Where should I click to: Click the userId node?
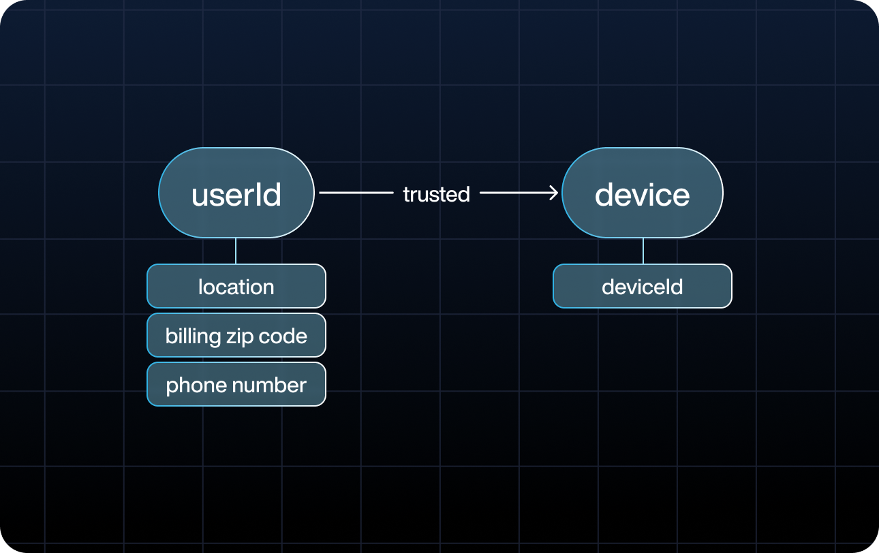point(236,193)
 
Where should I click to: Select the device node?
point(642,193)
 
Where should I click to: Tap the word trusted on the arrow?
point(436,194)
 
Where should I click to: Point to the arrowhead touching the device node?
point(554,193)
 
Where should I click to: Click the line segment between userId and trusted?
point(356,193)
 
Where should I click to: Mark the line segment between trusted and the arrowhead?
point(514,193)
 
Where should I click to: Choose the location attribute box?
point(236,287)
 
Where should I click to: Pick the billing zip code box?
point(236,336)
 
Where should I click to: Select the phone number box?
point(236,385)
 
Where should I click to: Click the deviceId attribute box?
point(642,287)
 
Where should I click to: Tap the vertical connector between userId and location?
point(236,251)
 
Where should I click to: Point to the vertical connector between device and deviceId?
point(643,251)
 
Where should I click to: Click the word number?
point(271,385)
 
